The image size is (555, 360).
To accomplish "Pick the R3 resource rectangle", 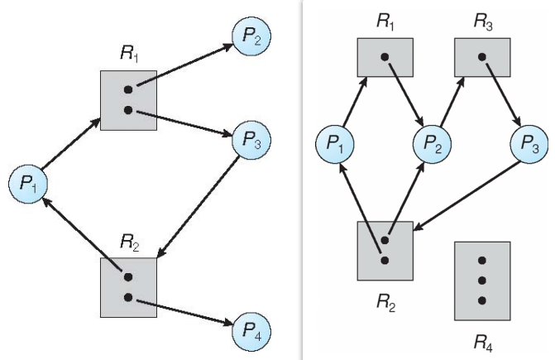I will [482, 58].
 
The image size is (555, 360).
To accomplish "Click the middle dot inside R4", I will [482, 278].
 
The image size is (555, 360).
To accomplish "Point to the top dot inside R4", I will [482, 257].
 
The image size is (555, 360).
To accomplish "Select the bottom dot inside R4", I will [482, 299].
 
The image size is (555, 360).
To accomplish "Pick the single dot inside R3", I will [482, 57].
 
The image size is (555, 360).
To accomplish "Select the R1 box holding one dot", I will [385, 58].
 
